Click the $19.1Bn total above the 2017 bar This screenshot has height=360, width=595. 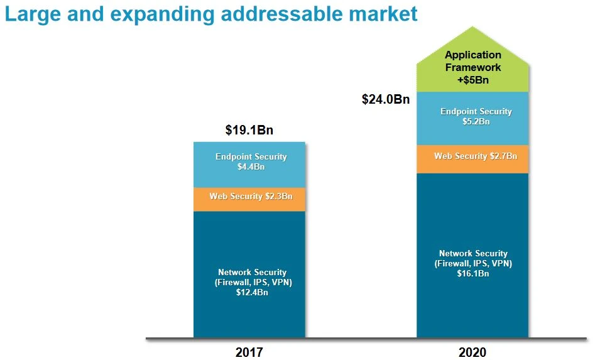pyautogui.click(x=249, y=130)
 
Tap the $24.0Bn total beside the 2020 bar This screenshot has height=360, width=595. pyautogui.click(x=386, y=99)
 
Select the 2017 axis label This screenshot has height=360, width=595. pyautogui.click(x=249, y=352)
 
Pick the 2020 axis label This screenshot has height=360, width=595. pyautogui.click(x=472, y=352)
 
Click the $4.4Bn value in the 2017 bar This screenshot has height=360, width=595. pyautogui.click(x=251, y=167)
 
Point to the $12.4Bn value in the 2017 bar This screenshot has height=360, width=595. pyautogui.click(x=252, y=293)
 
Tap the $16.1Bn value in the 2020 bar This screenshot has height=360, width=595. pyautogui.click(x=473, y=274)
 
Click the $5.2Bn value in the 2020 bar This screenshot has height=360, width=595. pyautogui.click(x=476, y=122)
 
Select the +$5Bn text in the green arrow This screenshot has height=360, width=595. pyautogui.click(x=473, y=79)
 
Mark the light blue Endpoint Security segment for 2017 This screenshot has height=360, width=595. pyautogui.click(x=249, y=151)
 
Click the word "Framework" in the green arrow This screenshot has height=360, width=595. pyautogui.click(x=473, y=67)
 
